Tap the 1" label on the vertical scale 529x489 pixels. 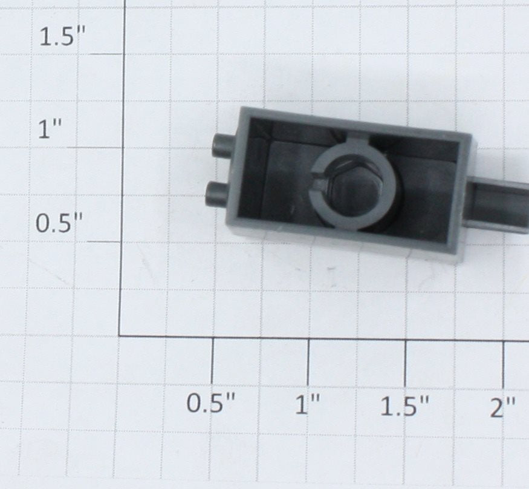pos(50,129)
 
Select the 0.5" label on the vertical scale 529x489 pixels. pos(59,223)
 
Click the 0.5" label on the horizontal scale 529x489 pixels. pos(211,403)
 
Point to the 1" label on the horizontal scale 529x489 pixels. pos(307,404)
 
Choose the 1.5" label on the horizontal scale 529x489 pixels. pos(405,406)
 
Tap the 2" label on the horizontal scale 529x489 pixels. pos(503,407)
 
